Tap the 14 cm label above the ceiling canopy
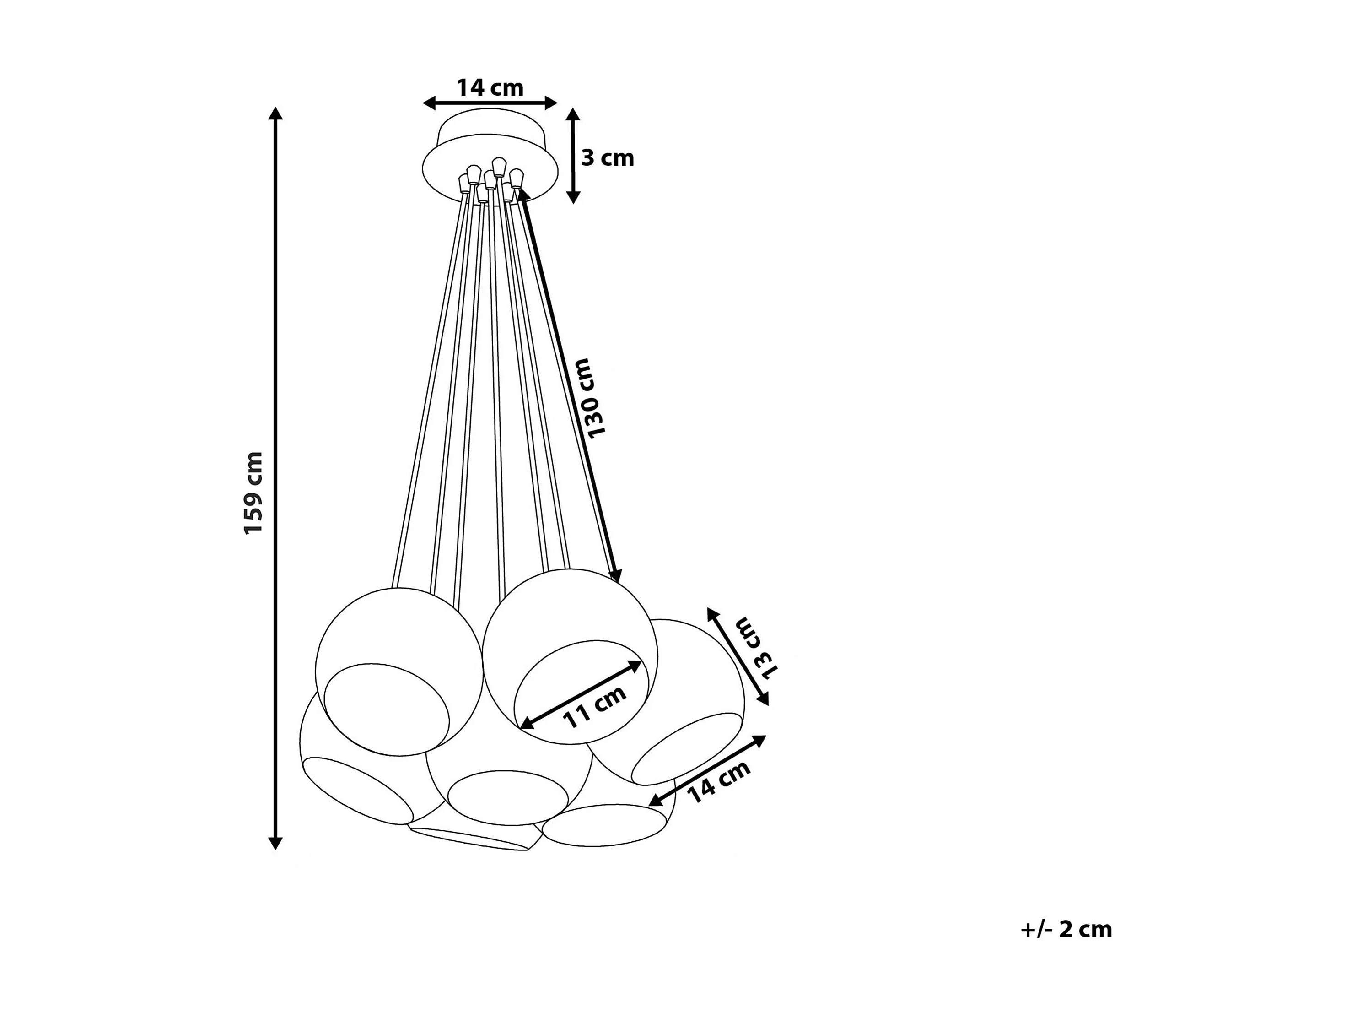pos(490,88)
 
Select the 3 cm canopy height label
pos(607,158)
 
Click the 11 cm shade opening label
pos(594,706)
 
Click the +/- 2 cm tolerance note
pos(1066,929)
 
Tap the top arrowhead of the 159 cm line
pos(275,114)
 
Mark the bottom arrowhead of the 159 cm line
pos(275,843)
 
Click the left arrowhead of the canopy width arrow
pos(428,103)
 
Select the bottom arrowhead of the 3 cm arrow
pos(572,197)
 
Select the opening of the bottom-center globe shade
pos(507,797)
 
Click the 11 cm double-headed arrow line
pos(580,695)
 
